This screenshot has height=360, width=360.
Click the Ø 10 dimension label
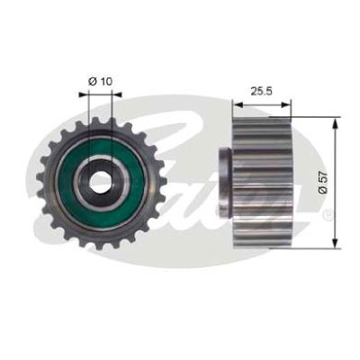(100, 81)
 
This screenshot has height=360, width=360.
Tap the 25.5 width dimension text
(261, 91)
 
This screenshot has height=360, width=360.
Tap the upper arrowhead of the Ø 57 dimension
(335, 122)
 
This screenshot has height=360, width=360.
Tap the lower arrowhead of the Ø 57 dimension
(335, 242)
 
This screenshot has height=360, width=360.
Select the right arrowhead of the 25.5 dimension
(286, 104)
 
